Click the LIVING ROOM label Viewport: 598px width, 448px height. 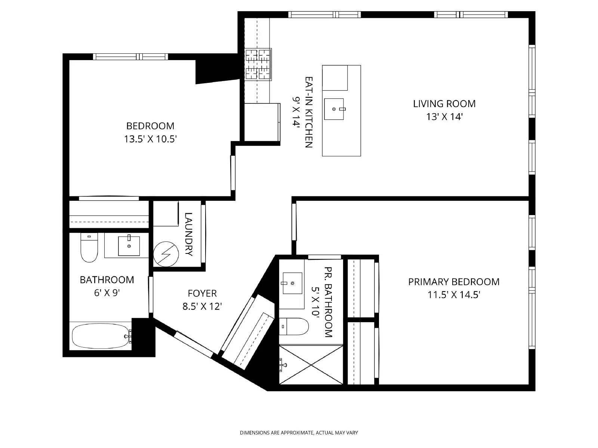tap(444, 104)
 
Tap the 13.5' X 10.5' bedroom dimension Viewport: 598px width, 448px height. tap(150, 139)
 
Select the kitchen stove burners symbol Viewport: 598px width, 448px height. tap(258, 64)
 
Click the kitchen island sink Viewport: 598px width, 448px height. tap(334, 109)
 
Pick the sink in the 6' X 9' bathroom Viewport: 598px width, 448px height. tap(129, 246)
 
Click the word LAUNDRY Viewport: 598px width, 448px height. tap(188, 234)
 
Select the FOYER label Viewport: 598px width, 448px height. tap(202, 293)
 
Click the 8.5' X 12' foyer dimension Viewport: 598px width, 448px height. tap(202, 307)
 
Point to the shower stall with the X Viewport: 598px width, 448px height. tap(311, 364)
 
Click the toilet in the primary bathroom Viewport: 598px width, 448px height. tap(294, 326)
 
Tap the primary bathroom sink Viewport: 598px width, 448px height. tap(292, 283)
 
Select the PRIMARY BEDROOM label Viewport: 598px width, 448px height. tap(454, 282)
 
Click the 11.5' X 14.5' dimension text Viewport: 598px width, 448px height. tap(454, 295)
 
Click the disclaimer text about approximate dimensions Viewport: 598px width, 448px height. tap(299, 433)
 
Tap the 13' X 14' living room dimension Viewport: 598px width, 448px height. tap(444, 117)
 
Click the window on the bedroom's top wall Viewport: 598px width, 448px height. tap(130, 57)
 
